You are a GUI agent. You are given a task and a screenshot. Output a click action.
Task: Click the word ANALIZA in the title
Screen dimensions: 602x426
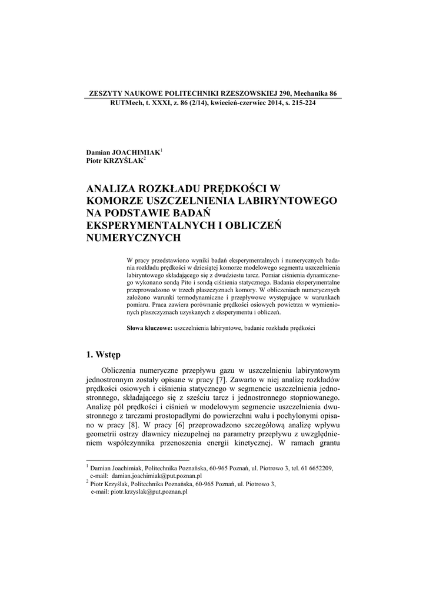click(x=110, y=189)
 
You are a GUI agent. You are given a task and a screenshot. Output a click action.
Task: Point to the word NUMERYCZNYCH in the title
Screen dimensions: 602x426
click(x=132, y=238)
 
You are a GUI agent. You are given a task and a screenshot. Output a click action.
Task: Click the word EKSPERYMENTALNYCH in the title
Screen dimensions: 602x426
click(x=148, y=226)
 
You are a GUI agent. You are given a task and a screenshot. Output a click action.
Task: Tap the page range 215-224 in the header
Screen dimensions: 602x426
click(x=301, y=102)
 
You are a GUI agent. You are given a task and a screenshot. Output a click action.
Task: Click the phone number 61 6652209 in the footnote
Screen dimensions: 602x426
click(x=315, y=468)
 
